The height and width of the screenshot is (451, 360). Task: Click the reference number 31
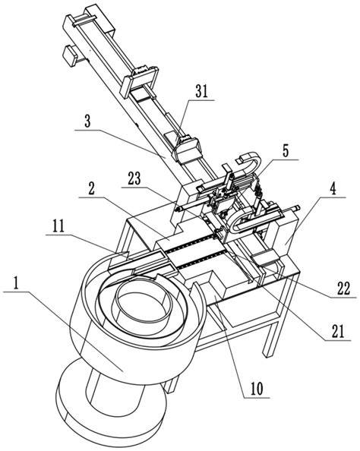[201, 92]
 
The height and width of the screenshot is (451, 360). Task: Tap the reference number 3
[87, 121]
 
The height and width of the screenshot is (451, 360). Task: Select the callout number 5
[285, 152]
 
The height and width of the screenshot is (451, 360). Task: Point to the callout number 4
[333, 190]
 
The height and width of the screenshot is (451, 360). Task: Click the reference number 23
[134, 179]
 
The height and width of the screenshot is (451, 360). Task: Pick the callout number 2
[91, 190]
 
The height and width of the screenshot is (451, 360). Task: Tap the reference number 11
[58, 227]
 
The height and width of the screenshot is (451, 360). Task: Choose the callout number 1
[16, 284]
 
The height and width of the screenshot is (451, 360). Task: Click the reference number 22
[343, 289]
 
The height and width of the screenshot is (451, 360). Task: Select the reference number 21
[337, 332]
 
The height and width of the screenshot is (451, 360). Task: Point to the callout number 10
[257, 389]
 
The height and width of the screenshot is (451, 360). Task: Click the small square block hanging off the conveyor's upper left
[71, 55]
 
